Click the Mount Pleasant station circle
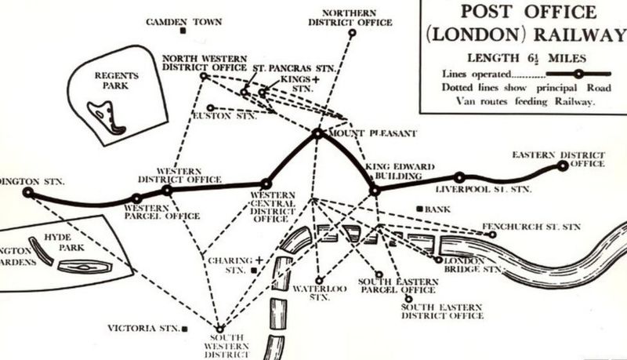(317, 134)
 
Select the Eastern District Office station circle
(562, 165)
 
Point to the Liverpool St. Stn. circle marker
(460, 178)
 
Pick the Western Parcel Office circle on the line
(136, 198)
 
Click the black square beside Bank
(421, 209)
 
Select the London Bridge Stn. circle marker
(437, 260)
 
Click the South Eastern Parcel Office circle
(379, 275)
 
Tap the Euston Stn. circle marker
(210, 107)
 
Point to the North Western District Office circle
(204, 77)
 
